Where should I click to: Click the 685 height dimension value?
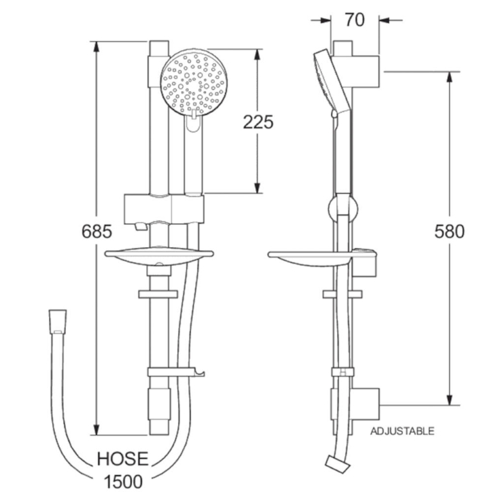[97, 231]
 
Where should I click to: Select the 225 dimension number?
[258, 122]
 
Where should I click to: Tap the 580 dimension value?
[448, 231]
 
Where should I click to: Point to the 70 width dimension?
[354, 19]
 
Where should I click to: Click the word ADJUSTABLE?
[402, 431]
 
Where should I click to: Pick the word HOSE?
[122, 459]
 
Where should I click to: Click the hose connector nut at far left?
[57, 322]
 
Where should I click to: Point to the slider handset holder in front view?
[163, 208]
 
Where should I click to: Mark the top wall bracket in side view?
[357, 64]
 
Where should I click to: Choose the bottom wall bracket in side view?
[356, 404]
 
